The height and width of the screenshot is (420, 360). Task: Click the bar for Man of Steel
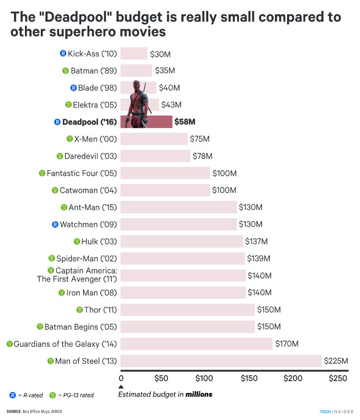pyautogui.click(x=221, y=361)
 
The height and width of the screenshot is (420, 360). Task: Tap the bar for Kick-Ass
pyautogui.click(x=134, y=54)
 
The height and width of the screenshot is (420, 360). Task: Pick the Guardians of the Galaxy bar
pyautogui.click(x=196, y=344)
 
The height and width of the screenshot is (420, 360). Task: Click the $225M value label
pyautogui.click(x=336, y=361)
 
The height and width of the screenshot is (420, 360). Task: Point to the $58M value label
pyautogui.click(x=185, y=122)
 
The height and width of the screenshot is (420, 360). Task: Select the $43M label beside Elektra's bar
pyautogui.click(x=171, y=105)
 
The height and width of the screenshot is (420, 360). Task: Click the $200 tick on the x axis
pyautogui.click(x=293, y=379)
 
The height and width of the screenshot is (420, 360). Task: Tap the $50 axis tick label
pyautogui.click(x=161, y=379)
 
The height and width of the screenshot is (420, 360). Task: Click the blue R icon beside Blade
pyautogui.click(x=73, y=88)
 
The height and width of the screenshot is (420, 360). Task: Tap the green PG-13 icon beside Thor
pyautogui.click(x=80, y=310)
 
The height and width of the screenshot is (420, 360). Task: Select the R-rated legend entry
pyautogui.click(x=26, y=396)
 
